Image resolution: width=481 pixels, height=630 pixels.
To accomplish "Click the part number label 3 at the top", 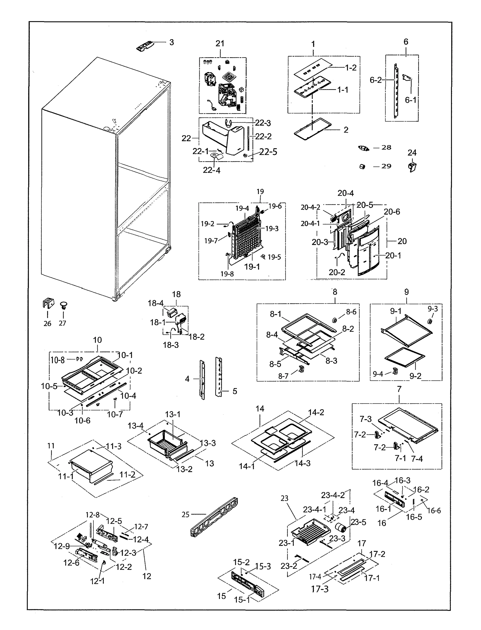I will tap(171, 42).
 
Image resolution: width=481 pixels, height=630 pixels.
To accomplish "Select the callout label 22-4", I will tap(212, 170).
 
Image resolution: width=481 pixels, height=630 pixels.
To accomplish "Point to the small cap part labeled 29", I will tap(362, 166).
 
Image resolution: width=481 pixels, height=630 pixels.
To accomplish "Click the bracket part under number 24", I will tap(412, 167).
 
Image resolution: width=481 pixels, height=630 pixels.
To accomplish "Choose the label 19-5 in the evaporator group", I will tap(274, 257).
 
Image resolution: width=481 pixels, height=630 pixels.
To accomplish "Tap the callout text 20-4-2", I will tap(310, 207).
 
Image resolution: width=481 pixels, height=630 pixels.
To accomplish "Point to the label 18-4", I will tap(155, 303).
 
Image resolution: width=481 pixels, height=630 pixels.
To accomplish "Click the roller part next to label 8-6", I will tap(334, 319).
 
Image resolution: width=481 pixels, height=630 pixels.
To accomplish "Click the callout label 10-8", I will tap(57, 360).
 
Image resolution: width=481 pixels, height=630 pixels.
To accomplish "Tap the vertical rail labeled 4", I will tap(202, 380).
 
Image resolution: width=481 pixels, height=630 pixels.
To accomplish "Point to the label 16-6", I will tap(434, 511).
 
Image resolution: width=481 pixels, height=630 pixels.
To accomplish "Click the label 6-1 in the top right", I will tap(411, 100).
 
